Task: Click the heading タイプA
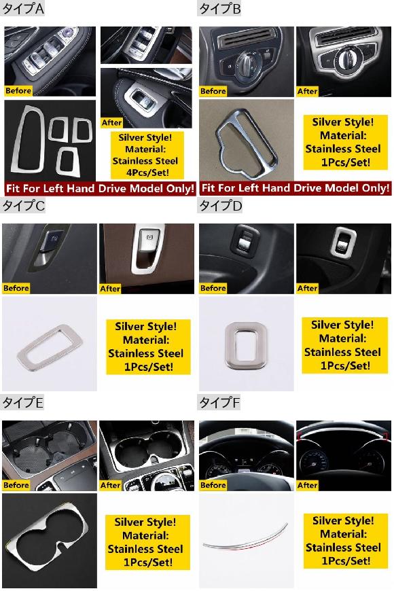(23, 8)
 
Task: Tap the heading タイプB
(219, 8)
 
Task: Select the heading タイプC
(23, 205)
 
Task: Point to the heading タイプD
(220, 205)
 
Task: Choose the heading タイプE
(22, 403)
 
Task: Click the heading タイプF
(219, 403)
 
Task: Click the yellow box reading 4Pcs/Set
(147, 155)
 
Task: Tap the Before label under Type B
(213, 91)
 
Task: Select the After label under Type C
(110, 289)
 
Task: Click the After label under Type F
(307, 486)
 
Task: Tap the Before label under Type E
(16, 486)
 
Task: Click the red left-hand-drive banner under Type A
(101, 188)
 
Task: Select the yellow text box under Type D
(344, 346)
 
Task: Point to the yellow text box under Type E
(147, 542)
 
